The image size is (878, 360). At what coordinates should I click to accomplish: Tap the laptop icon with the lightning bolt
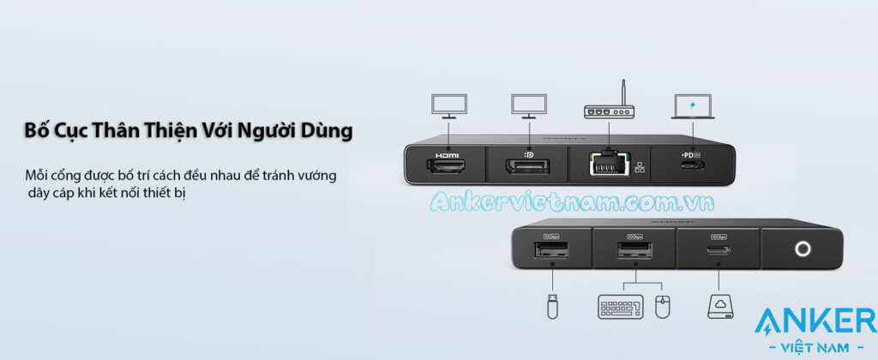coord(692,106)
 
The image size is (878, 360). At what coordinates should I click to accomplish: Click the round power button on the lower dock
coord(802,249)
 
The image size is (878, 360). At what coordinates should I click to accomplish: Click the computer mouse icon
coord(660,305)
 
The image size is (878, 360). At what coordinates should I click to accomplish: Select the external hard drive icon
coord(718,304)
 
